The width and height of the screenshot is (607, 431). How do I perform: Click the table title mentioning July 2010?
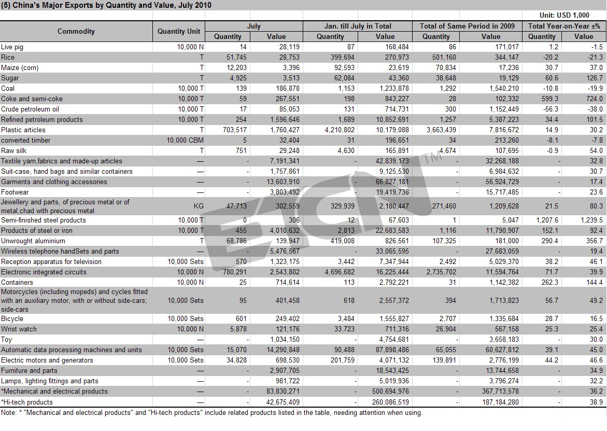click(106, 5)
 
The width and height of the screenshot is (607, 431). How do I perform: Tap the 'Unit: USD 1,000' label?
click(564, 15)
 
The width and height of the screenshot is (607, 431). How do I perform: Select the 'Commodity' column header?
click(76, 31)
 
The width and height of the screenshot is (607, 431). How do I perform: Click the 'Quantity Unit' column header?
click(179, 31)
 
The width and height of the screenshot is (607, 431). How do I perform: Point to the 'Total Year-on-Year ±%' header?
click(564, 26)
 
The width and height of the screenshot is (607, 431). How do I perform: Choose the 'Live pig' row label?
click(12, 47)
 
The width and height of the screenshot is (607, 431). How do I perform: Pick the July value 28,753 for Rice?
click(289, 58)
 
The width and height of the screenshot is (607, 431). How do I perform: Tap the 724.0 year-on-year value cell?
click(595, 99)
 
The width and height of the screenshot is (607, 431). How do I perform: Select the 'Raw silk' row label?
click(13, 150)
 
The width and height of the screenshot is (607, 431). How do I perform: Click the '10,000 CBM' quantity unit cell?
click(185, 140)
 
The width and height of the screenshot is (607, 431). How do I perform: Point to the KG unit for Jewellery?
click(199, 206)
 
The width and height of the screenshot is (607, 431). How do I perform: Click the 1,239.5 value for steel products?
click(591, 220)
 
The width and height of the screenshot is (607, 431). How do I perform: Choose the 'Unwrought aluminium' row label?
click(33, 241)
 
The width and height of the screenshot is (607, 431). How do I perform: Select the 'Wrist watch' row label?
click(19, 329)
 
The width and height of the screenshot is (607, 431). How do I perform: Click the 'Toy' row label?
click(7, 340)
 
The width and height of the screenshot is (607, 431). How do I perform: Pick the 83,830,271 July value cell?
click(283, 392)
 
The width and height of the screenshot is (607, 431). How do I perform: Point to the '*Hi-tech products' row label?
click(27, 402)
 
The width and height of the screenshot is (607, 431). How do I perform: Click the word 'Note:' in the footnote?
click(8, 413)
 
